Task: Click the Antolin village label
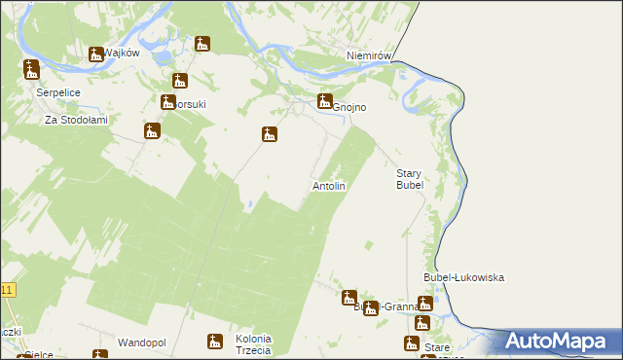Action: [329, 185]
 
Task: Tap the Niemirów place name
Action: [369, 56]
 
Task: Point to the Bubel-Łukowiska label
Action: [462, 277]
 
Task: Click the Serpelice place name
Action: [57, 91]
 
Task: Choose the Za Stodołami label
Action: [75, 121]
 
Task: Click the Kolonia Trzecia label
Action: [253, 344]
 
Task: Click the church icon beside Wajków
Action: [95, 54]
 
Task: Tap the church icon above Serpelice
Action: [31, 69]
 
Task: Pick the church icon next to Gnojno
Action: [325, 100]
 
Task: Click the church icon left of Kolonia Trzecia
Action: [214, 342]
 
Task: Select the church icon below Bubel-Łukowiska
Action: [425, 304]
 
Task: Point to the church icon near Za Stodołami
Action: [151, 130]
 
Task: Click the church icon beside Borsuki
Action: [179, 82]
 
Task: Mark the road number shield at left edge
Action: [7, 290]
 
